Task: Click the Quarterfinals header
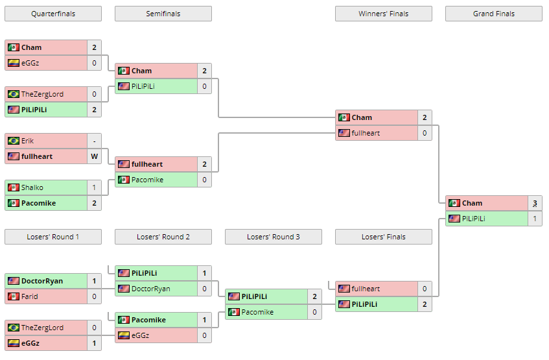click(53, 14)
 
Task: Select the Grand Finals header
click(493, 14)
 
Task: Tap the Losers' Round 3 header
click(273, 237)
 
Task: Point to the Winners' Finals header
click(383, 14)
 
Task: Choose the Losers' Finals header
click(383, 237)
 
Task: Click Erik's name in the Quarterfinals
click(27, 141)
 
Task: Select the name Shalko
click(32, 187)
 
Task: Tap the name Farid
click(30, 296)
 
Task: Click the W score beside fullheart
click(94, 156)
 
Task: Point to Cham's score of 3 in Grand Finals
click(535, 203)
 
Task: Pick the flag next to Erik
click(13, 141)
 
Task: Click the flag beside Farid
click(13, 296)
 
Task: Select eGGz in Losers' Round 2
click(140, 335)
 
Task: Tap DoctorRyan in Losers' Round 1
click(42, 281)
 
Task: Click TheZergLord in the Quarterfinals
click(42, 94)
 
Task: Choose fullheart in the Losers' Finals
click(366, 289)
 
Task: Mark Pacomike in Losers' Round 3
click(257, 312)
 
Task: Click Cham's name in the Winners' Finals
click(362, 117)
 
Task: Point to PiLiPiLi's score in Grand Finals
click(535, 219)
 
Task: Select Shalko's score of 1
click(94, 187)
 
